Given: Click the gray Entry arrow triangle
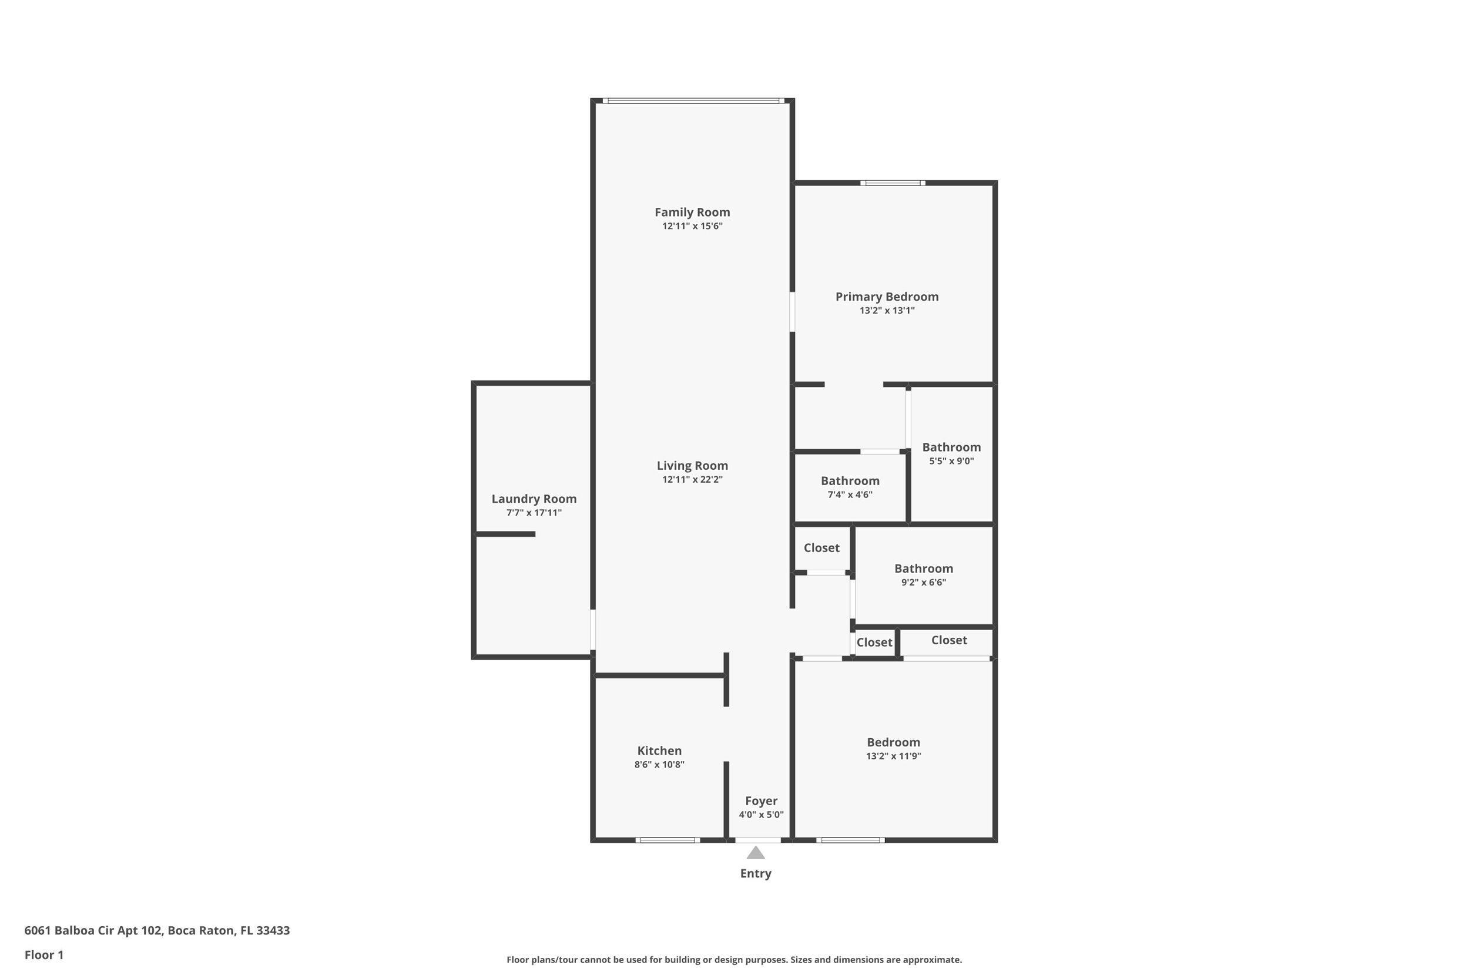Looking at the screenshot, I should click(x=756, y=853).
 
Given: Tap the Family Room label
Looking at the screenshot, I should click(x=692, y=212).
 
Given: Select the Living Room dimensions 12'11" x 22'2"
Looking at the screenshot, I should click(x=692, y=479).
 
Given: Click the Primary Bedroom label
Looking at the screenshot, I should click(x=887, y=297).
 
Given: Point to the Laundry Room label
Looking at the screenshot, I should click(x=534, y=499).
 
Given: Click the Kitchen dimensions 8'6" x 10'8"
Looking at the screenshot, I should click(x=659, y=764).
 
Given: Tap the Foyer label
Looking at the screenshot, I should click(x=761, y=800).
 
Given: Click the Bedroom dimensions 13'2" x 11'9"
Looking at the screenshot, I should click(x=893, y=756).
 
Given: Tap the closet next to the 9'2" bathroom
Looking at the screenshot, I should click(x=821, y=547).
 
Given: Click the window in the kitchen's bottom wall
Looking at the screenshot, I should click(x=667, y=840).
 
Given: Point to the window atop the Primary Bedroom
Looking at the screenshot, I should click(x=893, y=183).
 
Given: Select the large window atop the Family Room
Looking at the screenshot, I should click(x=693, y=100).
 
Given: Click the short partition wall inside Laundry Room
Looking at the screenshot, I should click(x=506, y=534).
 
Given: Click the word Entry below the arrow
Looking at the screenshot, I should click(x=756, y=873).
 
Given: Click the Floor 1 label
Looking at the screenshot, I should click(x=43, y=955).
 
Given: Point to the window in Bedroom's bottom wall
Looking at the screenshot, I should click(x=850, y=840).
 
